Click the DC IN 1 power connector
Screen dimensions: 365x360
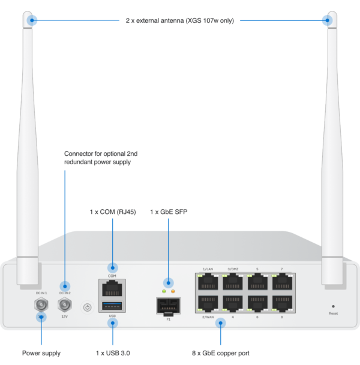(41, 306)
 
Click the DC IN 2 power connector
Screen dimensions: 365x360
(65, 306)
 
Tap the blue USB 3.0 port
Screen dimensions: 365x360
(112, 307)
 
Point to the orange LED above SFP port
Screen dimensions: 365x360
(173, 291)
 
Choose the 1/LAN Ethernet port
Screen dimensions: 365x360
(208, 282)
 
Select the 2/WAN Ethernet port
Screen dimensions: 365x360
(208, 302)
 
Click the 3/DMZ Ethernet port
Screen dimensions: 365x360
(233, 282)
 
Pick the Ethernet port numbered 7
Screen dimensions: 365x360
(282, 282)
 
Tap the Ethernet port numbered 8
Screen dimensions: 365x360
(282, 302)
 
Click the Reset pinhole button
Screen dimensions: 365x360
(333, 306)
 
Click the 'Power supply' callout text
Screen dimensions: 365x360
(41, 353)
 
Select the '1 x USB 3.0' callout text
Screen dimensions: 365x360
(112, 353)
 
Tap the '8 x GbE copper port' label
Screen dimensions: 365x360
(220, 353)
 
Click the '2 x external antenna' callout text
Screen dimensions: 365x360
(179, 20)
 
